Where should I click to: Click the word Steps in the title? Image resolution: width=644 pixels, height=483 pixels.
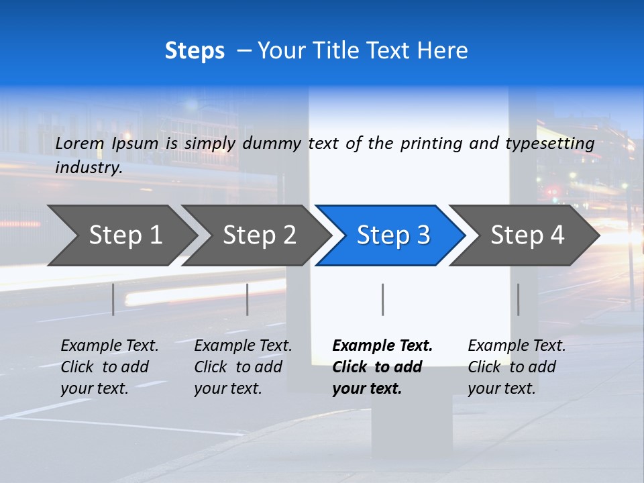[x=195, y=51]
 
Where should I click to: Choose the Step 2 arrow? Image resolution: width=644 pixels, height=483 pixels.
[x=259, y=235]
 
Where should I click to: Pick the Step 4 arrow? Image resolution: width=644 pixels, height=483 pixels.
[x=527, y=235]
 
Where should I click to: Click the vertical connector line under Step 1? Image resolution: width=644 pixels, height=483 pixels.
[x=113, y=299]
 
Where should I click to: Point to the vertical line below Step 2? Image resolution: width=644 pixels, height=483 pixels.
[x=248, y=299]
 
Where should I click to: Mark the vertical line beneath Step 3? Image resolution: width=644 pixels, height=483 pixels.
[x=382, y=299]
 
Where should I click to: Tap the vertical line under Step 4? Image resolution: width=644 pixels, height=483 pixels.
[x=518, y=299]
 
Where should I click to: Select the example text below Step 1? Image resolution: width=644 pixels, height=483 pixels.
[x=109, y=367]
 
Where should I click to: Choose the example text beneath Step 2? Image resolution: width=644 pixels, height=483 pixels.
[x=242, y=367]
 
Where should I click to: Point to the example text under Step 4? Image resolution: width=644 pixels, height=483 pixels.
[x=516, y=367]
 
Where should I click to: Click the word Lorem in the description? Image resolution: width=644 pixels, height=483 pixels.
[x=79, y=144]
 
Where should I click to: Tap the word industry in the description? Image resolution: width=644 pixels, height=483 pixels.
[x=88, y=168]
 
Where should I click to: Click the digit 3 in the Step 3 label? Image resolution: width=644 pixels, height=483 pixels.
[x=423, y=235]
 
